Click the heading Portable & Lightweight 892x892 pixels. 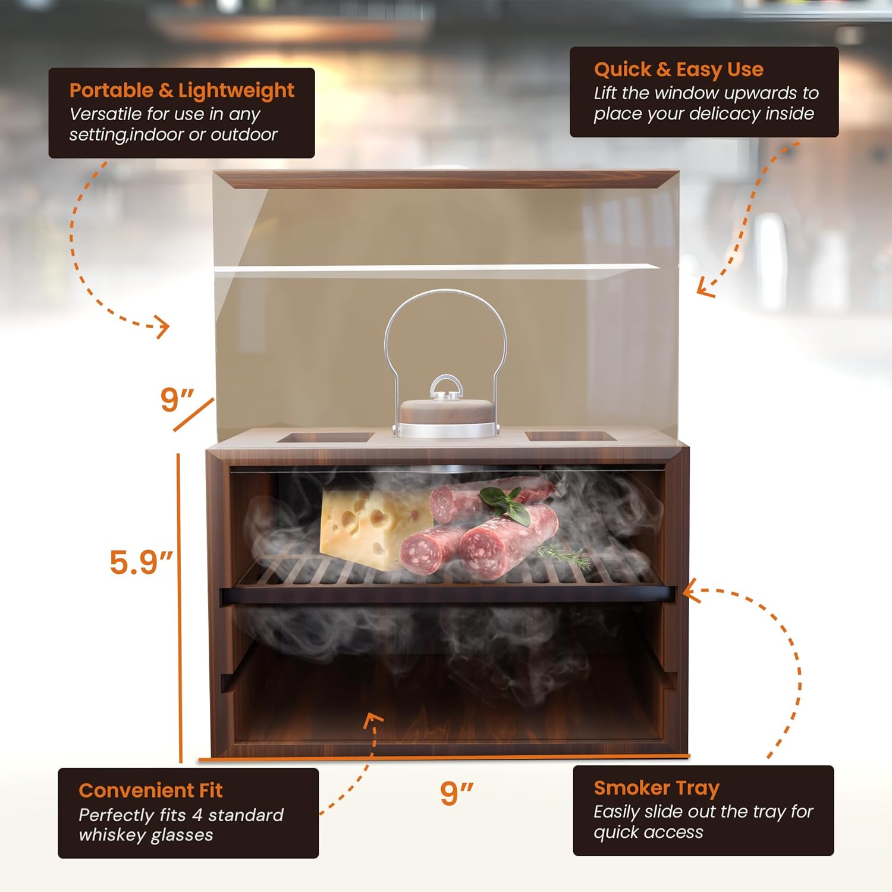click(181, 90)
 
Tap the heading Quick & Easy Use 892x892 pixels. click(679, 70)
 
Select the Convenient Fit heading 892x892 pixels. click(150, 790)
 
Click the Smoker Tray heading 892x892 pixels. click(657, 788)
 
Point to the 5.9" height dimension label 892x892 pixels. click(141, 562)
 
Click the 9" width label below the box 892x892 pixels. click(456, 793)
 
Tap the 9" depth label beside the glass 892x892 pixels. click(177, 400)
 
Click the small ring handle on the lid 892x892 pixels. click(447, 387)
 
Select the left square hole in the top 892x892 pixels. click(325, 438)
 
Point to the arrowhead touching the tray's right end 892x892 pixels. click(690, 592)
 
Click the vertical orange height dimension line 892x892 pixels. click(180, 607)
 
